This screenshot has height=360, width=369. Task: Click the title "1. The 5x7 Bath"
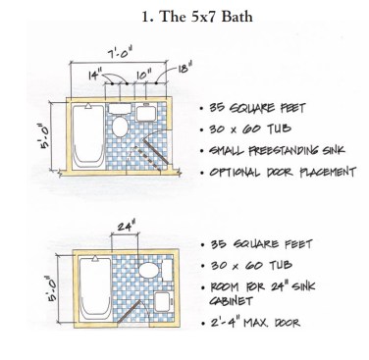click(197, 17)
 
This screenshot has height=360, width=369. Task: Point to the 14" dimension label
click(95, 76)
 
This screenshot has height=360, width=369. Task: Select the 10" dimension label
click(144, 76)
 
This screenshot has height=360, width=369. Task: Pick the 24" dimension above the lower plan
click(126, 226)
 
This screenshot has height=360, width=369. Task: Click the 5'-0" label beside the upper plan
click(45, 135)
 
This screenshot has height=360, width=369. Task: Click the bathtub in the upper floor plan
click(87, 136)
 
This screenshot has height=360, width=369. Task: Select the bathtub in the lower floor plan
click(95, 288)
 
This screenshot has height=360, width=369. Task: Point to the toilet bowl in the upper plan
click(120, 127)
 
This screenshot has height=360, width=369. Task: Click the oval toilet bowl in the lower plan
click(149, 271)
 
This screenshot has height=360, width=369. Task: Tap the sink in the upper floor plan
click(146, 113)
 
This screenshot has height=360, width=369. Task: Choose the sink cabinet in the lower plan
click(163, 301)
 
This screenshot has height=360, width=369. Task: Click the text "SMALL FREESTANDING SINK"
click(277, 151)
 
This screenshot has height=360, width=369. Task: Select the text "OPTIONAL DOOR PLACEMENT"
click(283, 172)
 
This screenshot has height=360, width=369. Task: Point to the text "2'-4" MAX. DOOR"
click(255, 323)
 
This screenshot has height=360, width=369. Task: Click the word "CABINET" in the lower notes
click(231, 301)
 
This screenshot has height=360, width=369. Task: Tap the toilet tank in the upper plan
click(120, 109)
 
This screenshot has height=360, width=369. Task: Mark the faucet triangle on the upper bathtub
click(88, 106)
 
